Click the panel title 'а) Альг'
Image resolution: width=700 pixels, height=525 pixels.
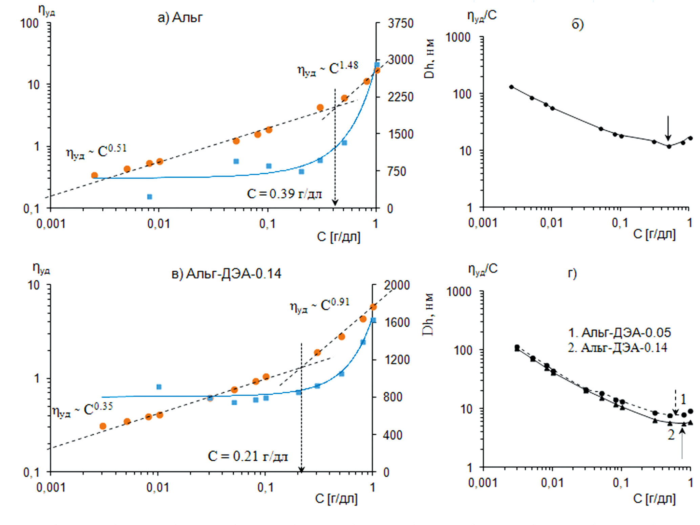click(180, 17)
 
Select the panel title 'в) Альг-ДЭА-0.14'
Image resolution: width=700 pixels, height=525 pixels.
click(226, 274)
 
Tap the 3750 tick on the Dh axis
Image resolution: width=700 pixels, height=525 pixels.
click(400, 23)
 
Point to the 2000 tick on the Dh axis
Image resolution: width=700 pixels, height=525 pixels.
click(396, 285)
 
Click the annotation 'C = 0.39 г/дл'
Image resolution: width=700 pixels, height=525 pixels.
click(284, 194)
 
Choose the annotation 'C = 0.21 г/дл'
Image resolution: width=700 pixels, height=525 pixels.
click(248, 456)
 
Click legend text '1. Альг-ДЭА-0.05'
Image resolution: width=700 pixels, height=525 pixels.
click(619, 333)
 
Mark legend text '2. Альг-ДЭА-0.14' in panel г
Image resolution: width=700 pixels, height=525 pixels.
click(617, 348)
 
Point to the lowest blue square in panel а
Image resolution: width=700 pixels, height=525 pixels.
click(149, 197)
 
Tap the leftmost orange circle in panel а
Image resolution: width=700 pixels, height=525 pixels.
click(94, 175)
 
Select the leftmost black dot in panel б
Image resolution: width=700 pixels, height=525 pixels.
click(511, 87)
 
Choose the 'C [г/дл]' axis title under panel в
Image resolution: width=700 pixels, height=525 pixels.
click(336, 499)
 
